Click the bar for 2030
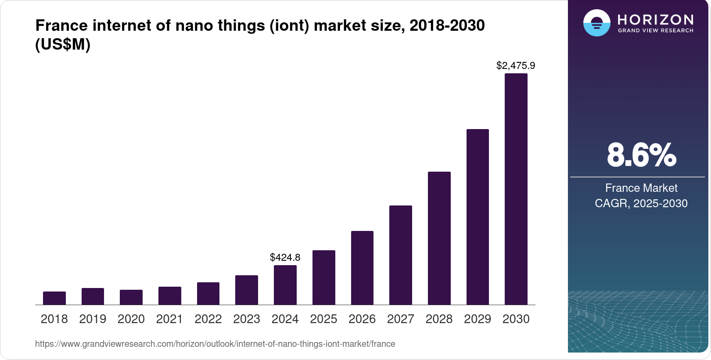click(x=516, y=189)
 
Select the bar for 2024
click(x=285, y=285)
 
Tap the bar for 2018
click(x=54, y=298)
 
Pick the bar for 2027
click(x=400, y=255)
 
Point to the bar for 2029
click(x=478, y=217)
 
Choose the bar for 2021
click(x=169, y=295)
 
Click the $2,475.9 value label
click(x=515, y=66)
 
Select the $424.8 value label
click(x=285, y=257)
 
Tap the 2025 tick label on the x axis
click(x=323, y=319)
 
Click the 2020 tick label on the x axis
click(x=131, y=319)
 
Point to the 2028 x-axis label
click(x=439, y=319)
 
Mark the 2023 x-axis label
click(x=246, y=319)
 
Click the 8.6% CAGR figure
click(x=641, y=155)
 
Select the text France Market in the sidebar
click(x=641, y=188)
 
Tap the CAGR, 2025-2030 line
click(x=641, y=203)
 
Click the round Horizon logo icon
click(x=596, y=23)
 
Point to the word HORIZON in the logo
click(x=655, y=19)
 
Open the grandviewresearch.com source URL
click(x=215, y=344)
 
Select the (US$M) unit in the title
click(x=63, y=44)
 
